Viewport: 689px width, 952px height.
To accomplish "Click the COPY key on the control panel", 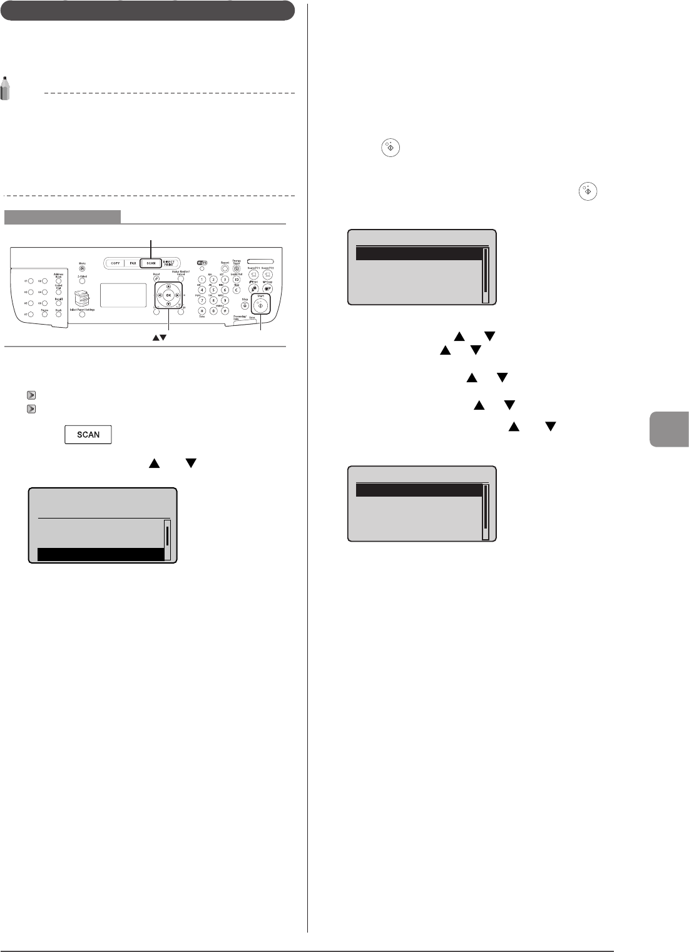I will click(x=115, y=263).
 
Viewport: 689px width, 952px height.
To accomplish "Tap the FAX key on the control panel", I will click(x=133, y=263).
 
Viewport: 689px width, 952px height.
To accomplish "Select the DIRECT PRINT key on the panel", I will click(x=168, y=263).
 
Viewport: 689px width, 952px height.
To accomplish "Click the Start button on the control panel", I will click(x=260, y=305).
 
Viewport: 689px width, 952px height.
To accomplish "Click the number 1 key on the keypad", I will click(x=202, y=279).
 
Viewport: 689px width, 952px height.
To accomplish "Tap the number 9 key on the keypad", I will click(x=225, y=300).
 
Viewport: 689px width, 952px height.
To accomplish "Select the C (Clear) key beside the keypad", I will click(x=237, y=290).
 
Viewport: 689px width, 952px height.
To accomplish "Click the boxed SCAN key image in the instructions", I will click(x=88, y=435).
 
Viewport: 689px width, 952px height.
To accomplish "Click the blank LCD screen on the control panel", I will click(x=123, y=295).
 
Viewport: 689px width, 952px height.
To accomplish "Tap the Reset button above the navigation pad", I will click(x=156, y=278).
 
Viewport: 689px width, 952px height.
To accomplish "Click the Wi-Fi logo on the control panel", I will click(x=202, y=263).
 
